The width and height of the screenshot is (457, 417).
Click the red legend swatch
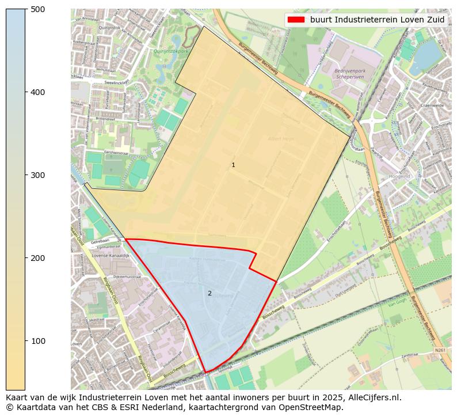click(296, 19)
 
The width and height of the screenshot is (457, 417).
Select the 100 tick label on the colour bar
click(38, 341)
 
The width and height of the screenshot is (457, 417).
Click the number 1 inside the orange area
click(233, 165)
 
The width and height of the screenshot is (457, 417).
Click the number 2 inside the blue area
click(210, 293)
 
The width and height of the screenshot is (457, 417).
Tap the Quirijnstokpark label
click(171, 51)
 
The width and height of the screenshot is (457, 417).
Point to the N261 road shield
click(440, 350)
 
